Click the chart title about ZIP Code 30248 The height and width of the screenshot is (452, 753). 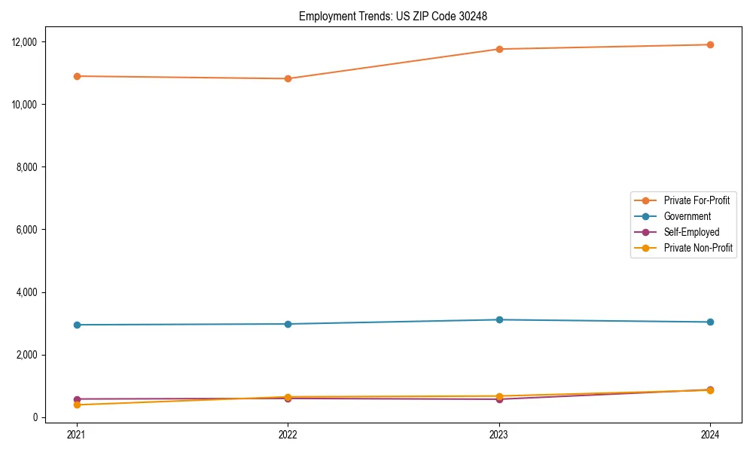393,16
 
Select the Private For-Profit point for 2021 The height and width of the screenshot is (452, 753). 77,76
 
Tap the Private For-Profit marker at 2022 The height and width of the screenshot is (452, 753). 288,78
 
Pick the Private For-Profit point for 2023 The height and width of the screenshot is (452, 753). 499,49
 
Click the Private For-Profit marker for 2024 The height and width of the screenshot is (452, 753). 710,44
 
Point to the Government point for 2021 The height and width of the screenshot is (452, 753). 77,325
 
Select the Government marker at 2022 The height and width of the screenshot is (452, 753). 288,324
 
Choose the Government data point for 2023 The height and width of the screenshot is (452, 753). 499,319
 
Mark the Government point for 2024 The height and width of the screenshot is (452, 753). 710,322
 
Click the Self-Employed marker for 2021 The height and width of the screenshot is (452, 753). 77,399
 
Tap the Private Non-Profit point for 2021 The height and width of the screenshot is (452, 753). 77,405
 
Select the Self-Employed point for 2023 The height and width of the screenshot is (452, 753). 499,399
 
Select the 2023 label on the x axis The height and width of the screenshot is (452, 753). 499,434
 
